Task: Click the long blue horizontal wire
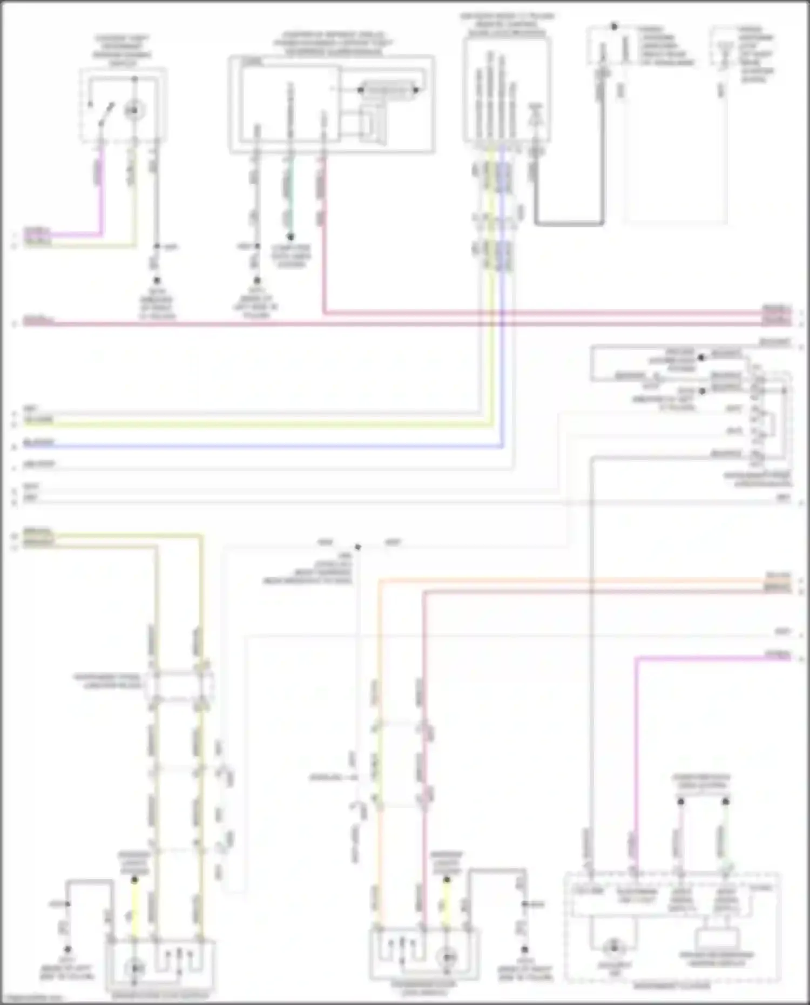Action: tap(259, 446)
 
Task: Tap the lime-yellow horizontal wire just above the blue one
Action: tap(259, 424)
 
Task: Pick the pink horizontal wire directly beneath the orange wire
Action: tap(594, 592)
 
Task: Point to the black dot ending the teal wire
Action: tap(290, 237)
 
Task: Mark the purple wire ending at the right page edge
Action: tap(713, 658)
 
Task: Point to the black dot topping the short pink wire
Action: tap(681, 801)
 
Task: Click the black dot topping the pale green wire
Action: tap(726, 801)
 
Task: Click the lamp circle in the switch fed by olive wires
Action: tap(134, 967)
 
